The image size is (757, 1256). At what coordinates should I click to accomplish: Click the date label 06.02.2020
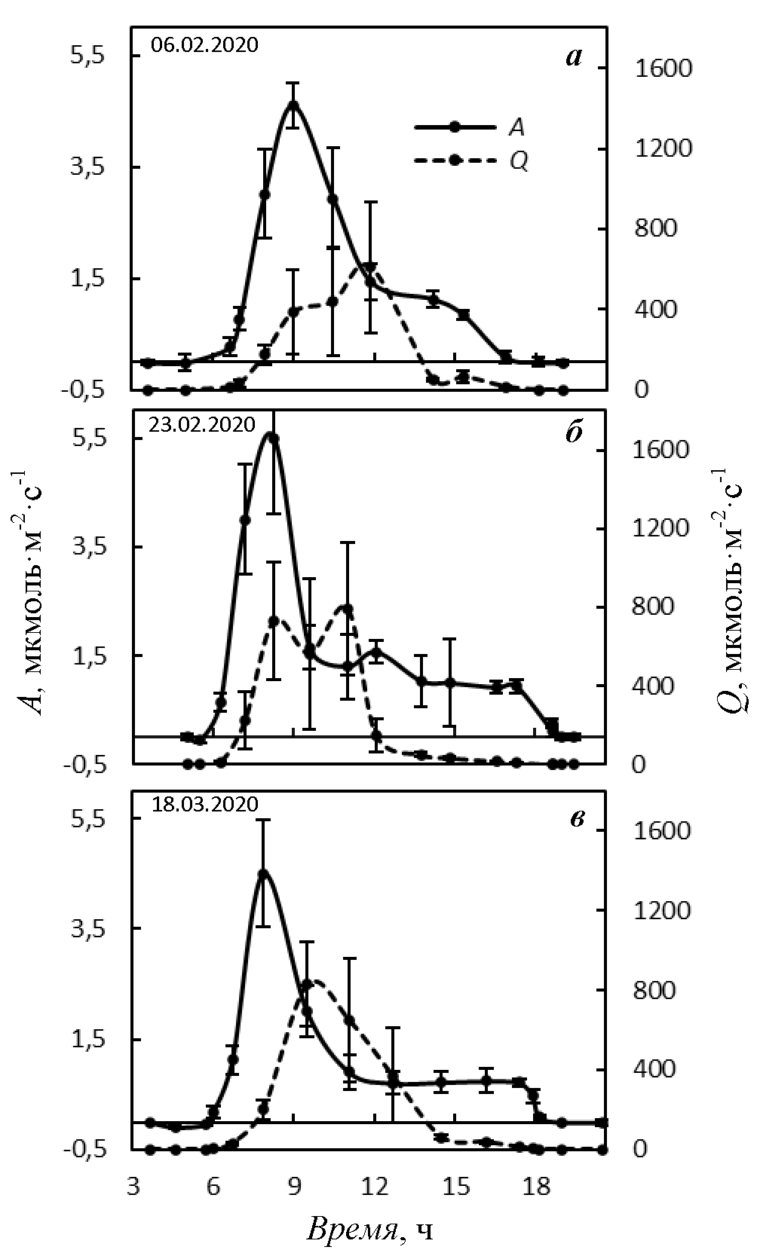(x=204, y=45)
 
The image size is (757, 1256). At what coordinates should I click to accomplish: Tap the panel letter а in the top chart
(x=575, y=57)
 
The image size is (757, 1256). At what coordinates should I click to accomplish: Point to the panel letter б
(x=575, y=435)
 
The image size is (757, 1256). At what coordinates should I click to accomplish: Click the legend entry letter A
(x=516, y=128)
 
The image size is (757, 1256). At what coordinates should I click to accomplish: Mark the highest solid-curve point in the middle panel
(x=273, y=437)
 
